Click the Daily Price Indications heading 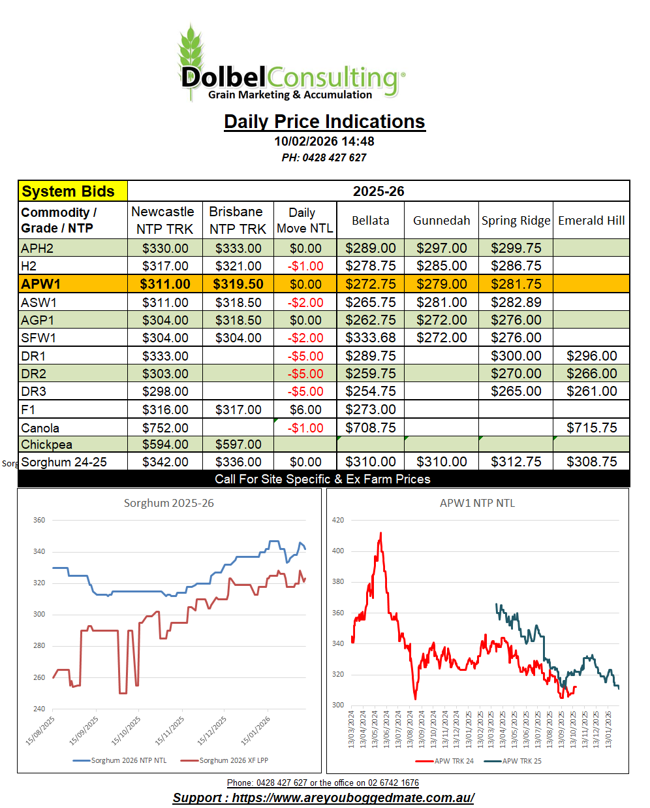coord(324,121)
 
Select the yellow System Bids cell coord(72,191)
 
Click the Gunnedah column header coord(441,220)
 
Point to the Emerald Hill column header coord(591,220)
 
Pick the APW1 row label coord(41,284)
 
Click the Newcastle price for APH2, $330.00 coord(165,248)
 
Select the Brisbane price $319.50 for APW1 coord(238,284)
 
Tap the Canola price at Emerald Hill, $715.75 coord(591,428)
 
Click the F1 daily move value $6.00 coord(305,410)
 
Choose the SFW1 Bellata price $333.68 coord(371,338)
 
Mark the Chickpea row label coord(47,445)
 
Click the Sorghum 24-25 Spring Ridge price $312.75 coord(516,462)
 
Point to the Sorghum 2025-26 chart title coord(169,503)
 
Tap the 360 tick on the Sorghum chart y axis coord(39,520)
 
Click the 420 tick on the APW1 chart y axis coord(338,520)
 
